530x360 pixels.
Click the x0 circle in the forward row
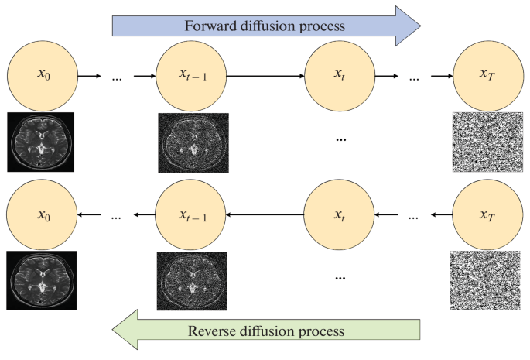point(42,76)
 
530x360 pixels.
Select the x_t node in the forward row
point(340,76)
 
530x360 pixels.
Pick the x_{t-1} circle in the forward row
point(191,76)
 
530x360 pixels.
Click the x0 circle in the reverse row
point(42,216)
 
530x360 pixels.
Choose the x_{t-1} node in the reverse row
point(191,216)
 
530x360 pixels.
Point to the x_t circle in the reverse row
point(340,216)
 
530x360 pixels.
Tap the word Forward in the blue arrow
point(209,25)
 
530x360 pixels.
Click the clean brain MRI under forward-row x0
point(40,142)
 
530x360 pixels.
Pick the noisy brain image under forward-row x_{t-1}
point(190,142)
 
